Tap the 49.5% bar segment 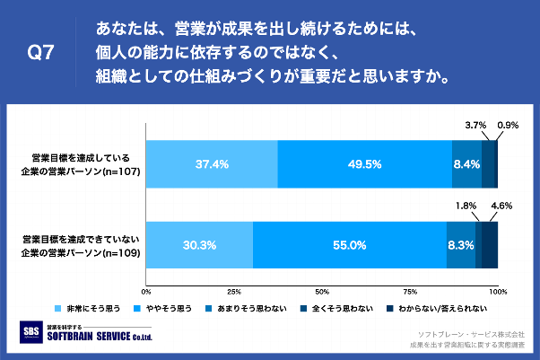[365, 164]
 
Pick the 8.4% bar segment [466, 164]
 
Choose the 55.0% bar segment [350, 244]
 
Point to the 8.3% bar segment [461, 244]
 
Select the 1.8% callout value [467, 206]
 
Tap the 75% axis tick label [410, 292]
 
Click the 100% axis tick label [498, 292]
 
